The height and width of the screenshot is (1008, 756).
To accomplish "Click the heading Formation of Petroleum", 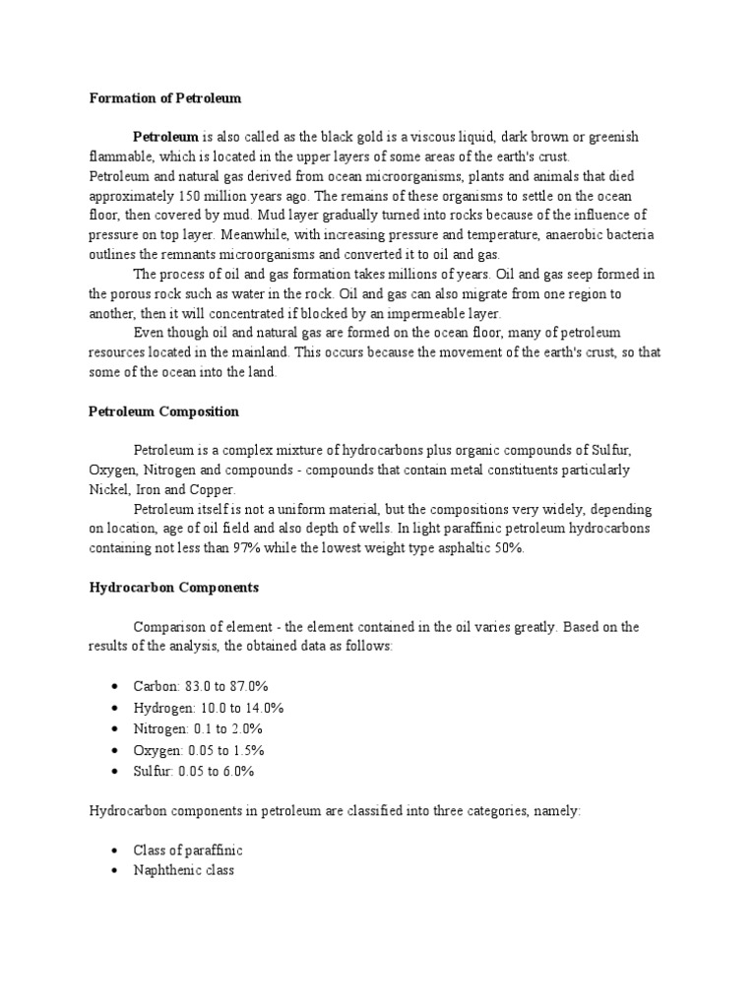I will click(165, 98).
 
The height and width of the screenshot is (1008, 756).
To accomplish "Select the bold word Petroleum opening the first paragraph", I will click(165, 136).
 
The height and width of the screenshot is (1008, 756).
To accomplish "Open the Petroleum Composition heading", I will click(164, 411).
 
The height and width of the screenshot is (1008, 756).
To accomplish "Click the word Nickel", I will click(109, 489).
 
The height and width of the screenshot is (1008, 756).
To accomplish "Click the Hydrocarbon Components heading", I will click(174, 588).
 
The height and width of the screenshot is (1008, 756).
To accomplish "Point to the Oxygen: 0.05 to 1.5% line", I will click(197, 750).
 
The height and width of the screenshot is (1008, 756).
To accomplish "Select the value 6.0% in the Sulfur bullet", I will click(236, 772).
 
